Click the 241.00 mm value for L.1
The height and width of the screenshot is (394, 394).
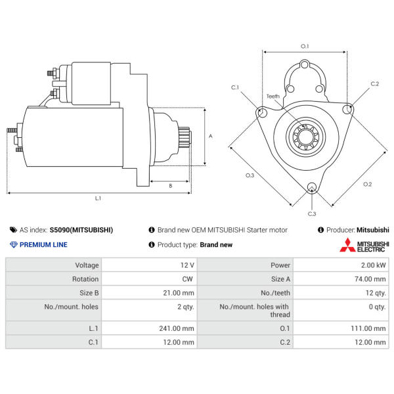click(177, 328)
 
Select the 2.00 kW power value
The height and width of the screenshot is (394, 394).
click(373, 265)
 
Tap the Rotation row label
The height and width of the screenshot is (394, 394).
click(85, 279)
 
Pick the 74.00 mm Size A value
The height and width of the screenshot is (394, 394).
click(370, 279)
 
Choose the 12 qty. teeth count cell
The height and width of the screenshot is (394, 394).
click(376, 293)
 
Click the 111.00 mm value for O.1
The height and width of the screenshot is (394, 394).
click(368, 328)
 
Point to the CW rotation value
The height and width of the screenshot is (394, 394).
click(187, 279)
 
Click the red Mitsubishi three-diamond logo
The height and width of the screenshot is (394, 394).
click(347, 245)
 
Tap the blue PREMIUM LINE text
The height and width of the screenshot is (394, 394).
click(43, 245)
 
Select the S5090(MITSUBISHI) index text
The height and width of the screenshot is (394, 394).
click(81, 230)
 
